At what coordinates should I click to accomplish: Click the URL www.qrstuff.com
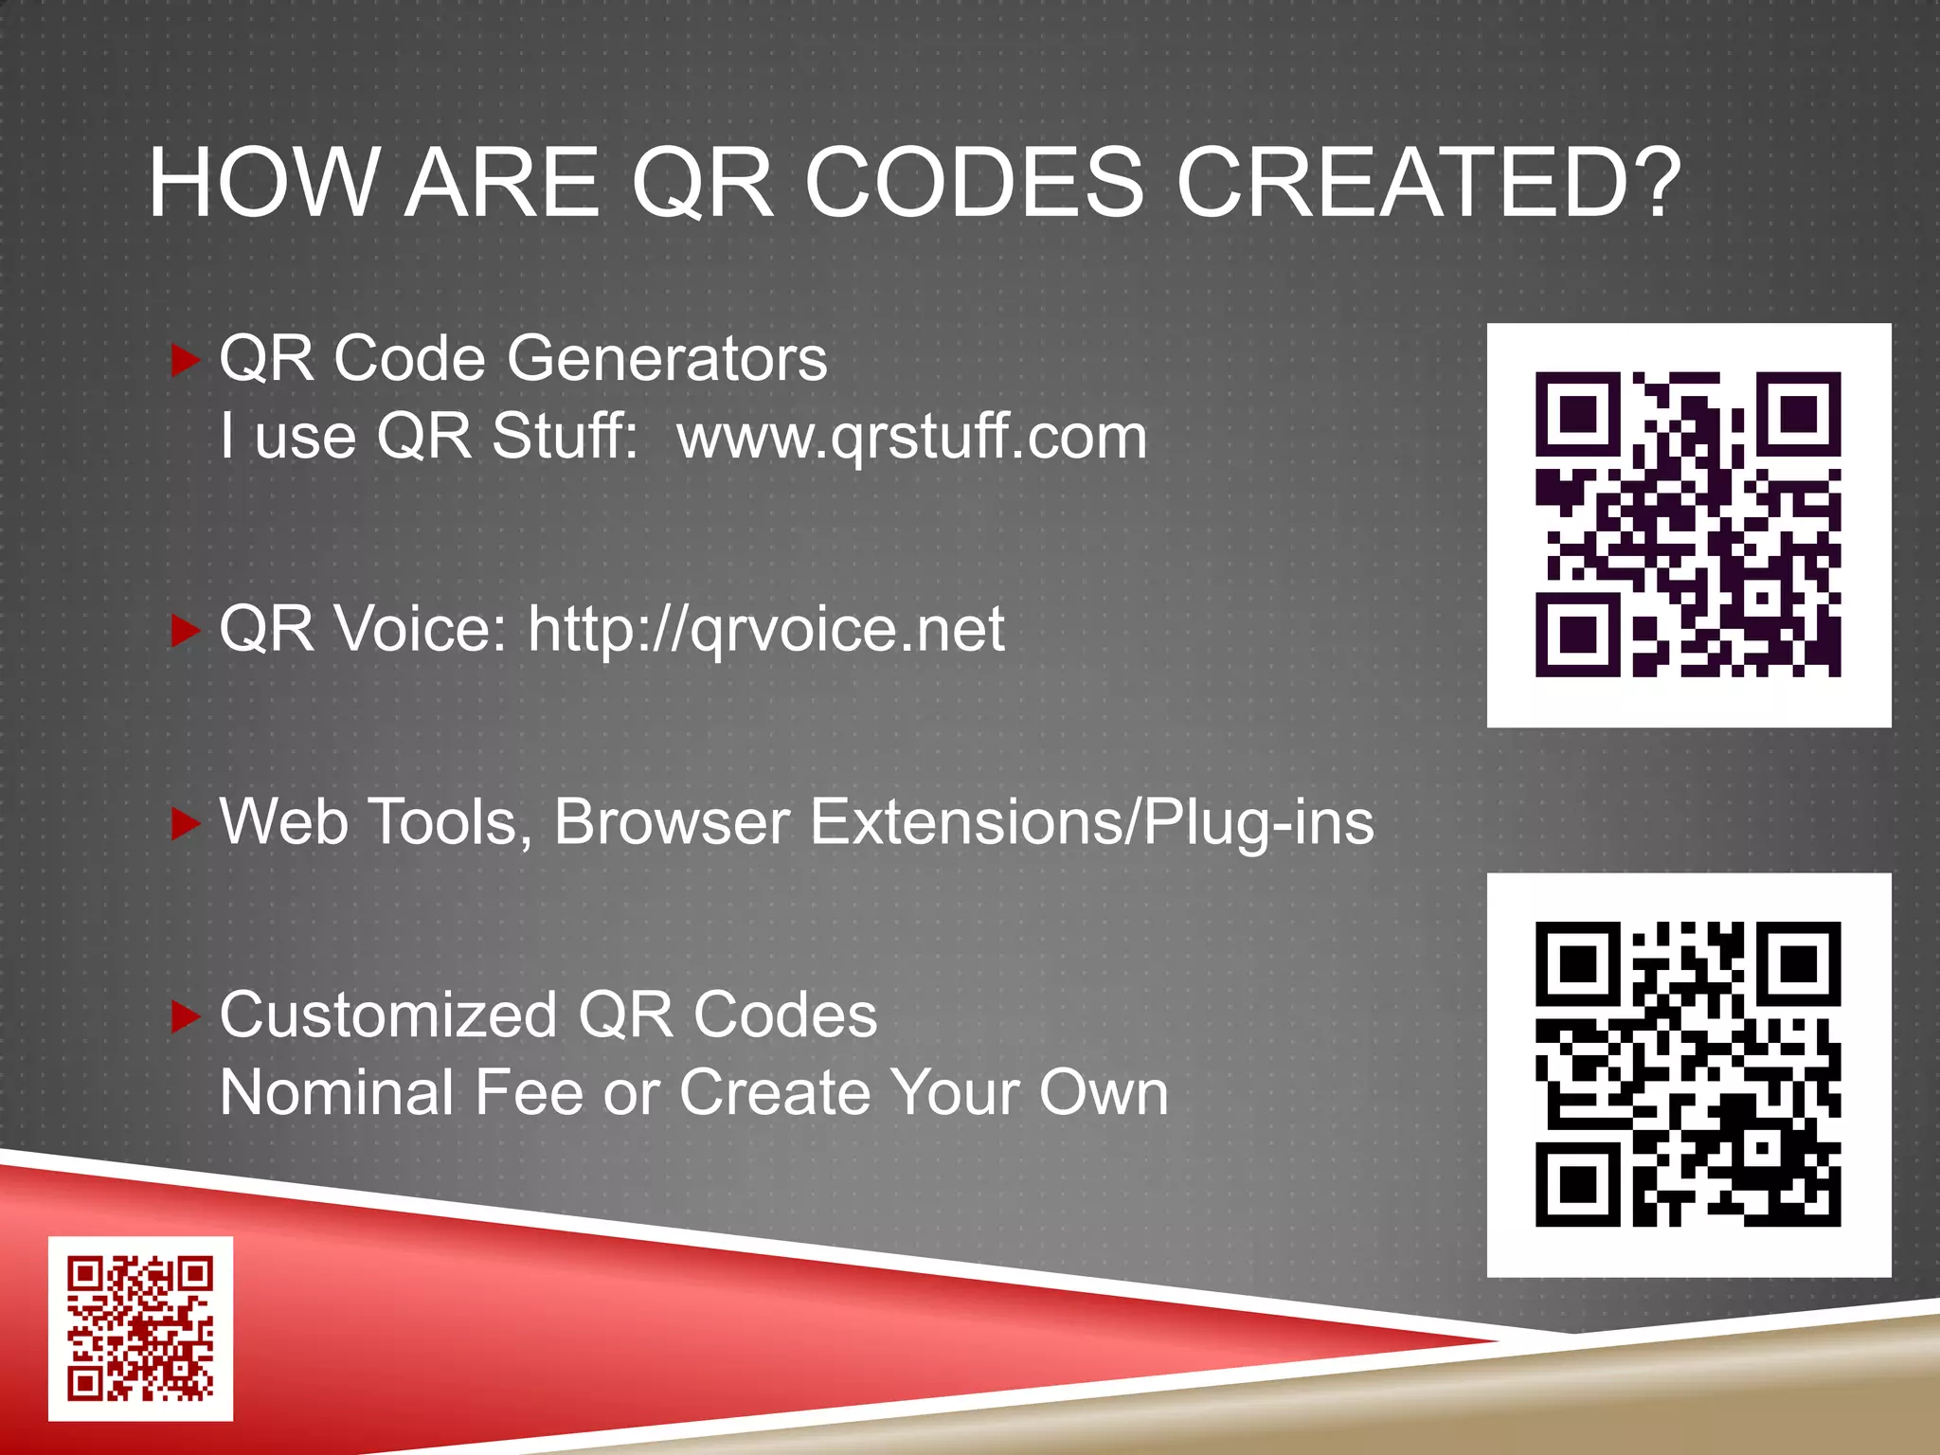click(911, 437)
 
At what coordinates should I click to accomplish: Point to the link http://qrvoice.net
click(765, 629)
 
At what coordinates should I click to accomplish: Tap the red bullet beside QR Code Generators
click(185, 360)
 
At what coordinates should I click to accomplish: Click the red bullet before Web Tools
click(185, 823)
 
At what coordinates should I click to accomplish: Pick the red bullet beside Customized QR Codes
click(185, 1016)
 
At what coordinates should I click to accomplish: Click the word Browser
click(672, 821)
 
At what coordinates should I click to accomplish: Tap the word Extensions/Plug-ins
click(1092, 822)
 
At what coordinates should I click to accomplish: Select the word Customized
click(388, 1015)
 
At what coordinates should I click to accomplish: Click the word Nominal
click(337, 1092)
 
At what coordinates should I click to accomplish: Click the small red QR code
click(140, 1328)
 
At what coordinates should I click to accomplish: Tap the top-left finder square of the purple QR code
click(1577, 414)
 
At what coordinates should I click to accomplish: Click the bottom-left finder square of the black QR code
click(1577, 1184)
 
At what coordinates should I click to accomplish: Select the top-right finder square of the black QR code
click(1799, 964)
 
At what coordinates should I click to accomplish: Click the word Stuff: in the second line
click(565, 437)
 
